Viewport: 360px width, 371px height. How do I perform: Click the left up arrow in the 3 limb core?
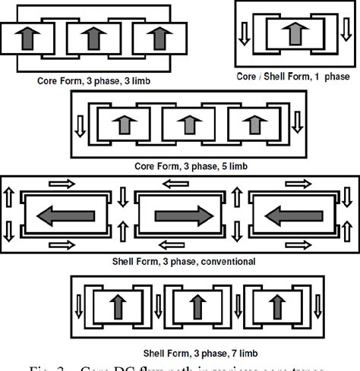pyautogui.click(x=27, y=36)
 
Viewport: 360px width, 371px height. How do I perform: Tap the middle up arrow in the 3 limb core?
pyautogui.click(x=92, y=36)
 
